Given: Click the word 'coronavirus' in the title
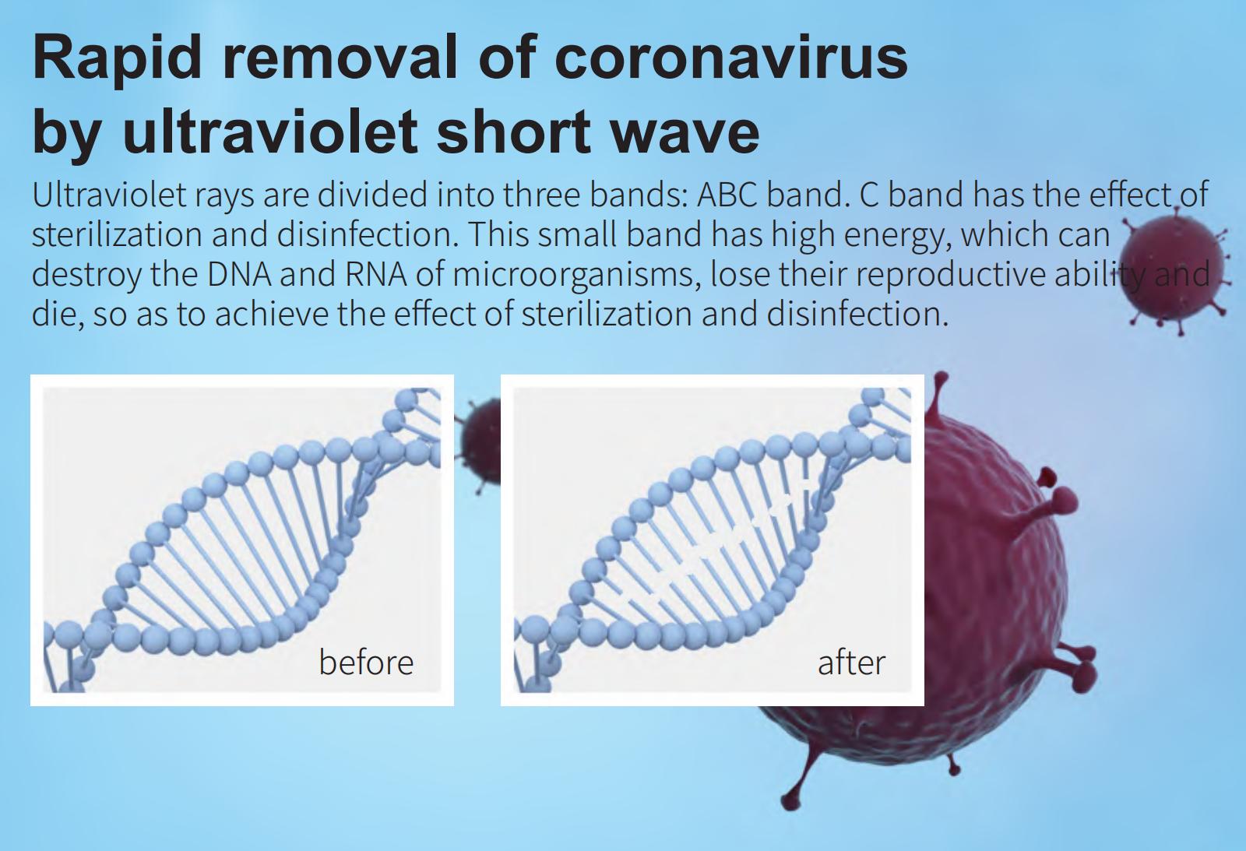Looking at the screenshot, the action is coord(731,58).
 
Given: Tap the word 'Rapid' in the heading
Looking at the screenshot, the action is coord(117,58).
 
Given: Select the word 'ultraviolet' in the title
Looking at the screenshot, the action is coord(269,132).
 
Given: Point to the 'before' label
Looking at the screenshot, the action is coord(366,663).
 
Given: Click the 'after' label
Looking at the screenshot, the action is coord(851,663).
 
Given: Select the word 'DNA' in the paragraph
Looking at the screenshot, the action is coord(239,275).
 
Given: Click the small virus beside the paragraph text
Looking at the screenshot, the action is coord(1171,270).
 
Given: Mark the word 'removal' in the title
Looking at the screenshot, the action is coord(340,58).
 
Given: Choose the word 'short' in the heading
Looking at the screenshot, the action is coord(513,132).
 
